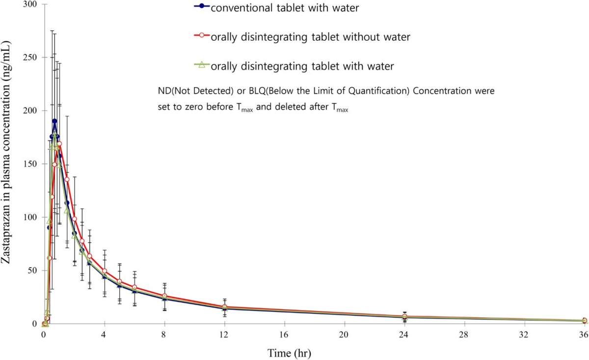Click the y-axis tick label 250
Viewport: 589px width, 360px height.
tap(30, 57)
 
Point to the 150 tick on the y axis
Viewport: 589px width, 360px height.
tap(30, 164)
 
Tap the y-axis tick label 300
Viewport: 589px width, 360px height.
tap(30, 4)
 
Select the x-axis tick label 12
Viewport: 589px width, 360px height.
tap(224, 334)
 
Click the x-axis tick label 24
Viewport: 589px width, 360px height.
tap(404, 334)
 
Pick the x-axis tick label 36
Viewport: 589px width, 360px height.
tap(584, 334)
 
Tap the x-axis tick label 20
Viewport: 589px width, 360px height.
tap(344, 334)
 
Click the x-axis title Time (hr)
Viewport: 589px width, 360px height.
tap(289, 353)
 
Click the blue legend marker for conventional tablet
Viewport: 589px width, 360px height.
tap(202, 6)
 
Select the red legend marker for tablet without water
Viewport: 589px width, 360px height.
tap(202, 35)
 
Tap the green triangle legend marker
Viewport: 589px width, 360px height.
tap(202, 64)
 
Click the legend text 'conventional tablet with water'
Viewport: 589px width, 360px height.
tap(285, 8)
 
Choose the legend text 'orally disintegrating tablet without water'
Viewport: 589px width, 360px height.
tap(311, 37)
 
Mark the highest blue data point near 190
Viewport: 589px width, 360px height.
tap(54, 121)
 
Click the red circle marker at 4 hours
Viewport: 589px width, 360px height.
tap(105, 271)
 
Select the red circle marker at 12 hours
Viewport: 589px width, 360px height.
tap(225, 307)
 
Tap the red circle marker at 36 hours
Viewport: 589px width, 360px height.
tap(584, 320)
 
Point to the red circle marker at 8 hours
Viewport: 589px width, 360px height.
tap(164, 296)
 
